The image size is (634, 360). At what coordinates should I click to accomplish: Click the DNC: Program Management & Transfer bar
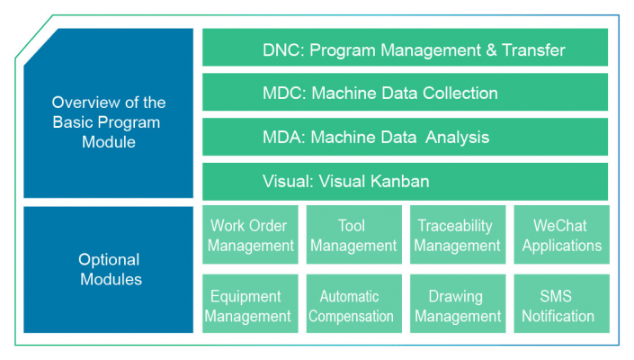(405, 47)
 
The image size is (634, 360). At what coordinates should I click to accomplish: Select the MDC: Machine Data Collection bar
(405, 92)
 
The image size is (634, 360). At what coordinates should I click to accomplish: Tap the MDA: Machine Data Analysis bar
(405, 137)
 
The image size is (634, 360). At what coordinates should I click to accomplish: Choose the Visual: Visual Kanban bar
(405, 182)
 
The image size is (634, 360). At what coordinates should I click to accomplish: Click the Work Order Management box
(250, 235)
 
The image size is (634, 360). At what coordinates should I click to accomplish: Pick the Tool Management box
(354, 235)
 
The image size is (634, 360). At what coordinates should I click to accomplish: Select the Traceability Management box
(458, 235)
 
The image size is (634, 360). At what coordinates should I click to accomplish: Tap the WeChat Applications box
(562, 235)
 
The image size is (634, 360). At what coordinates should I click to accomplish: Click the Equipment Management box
(250, 303)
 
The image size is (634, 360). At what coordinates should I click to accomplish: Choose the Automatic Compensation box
(354, 303)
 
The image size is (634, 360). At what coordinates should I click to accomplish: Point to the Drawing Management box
(458, 303)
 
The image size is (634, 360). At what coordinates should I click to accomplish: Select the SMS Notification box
(562, 303)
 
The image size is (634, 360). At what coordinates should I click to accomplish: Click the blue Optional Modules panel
(108, 270)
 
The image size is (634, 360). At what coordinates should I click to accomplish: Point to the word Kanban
(399, 181)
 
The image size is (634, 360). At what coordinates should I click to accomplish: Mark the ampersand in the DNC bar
(491, 50)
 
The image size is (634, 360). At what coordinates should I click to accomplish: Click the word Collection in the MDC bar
(460, 93)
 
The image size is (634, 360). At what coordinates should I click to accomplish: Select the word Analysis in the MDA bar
(458, 138)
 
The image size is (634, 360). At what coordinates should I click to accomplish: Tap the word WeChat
(560, 226)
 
